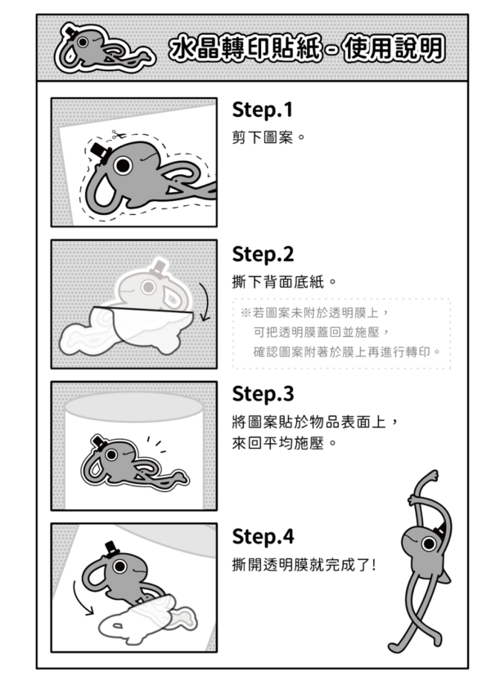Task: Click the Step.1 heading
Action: [x=263, y=110]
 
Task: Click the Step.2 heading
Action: [x=263, y=254]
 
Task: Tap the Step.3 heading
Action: [x=263, y=394]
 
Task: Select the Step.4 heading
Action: [x=263, y=537]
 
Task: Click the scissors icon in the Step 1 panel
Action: [x=117, y=135]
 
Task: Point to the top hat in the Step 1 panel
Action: [x=101, y=153]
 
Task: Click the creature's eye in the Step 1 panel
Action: [x=123, y=164]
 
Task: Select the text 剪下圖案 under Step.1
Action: [x=263, y=138]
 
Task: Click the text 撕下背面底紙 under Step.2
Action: [x=278, y=282]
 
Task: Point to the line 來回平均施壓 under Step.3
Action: [x=278, y=443]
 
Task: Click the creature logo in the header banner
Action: [x=104, y=48]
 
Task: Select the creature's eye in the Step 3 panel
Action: [x=111, y=454]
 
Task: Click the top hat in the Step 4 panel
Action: [x=112, y=549]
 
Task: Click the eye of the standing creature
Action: [x=429, y=544]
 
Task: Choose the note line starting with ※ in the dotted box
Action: [x=315, y=312]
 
